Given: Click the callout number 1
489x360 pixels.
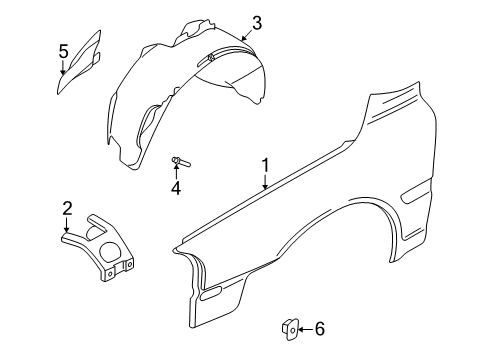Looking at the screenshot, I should [265, 165].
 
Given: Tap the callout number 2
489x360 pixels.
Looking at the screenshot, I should [67, 208].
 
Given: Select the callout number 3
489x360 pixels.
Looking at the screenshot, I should [257, 22].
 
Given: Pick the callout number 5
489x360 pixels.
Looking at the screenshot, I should [62, 50].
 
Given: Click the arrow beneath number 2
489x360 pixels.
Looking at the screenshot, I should [67, 224].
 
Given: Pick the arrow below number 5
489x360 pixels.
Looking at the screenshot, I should [62, 66].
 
